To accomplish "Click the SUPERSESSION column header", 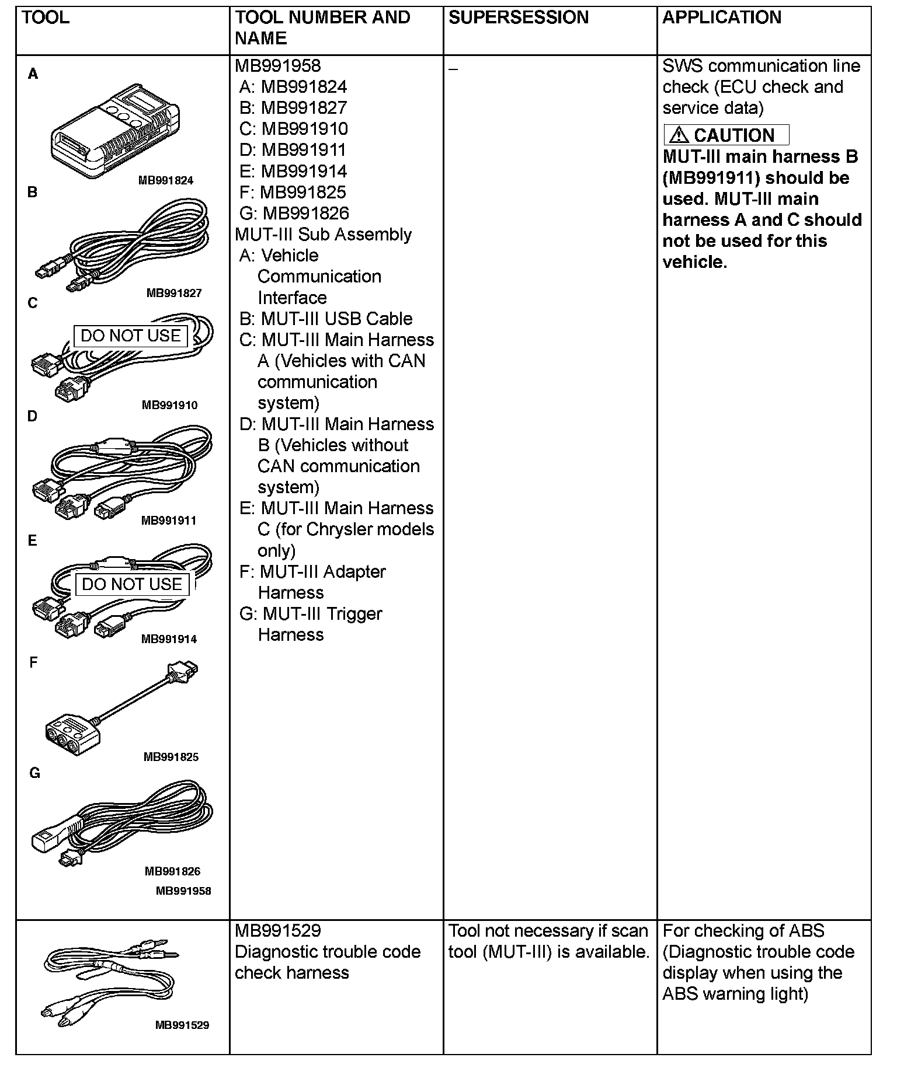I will [x=519, y=18].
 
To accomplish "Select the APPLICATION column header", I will [x=722, y=18].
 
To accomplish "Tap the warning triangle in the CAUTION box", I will [x=678, y=135].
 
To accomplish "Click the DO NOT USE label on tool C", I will [x=131, y=336].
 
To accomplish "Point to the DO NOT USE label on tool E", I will [x=132, y=585].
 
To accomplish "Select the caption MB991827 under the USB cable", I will [x=174, y=293].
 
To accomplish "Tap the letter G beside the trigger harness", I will [x=34, y=773].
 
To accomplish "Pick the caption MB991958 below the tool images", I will [x=183, y=891].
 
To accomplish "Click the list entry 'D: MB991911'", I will [x=293, y=150].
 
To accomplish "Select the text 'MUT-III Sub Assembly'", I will [x=323, y=235].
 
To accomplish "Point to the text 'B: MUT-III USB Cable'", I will [x=326, y=319].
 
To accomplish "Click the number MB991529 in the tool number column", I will [x=278, y=931].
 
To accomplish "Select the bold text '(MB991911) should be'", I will [x=756, y=178].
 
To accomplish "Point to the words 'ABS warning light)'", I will [x=735, y=994].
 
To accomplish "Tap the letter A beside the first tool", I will [x=33, y=74].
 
